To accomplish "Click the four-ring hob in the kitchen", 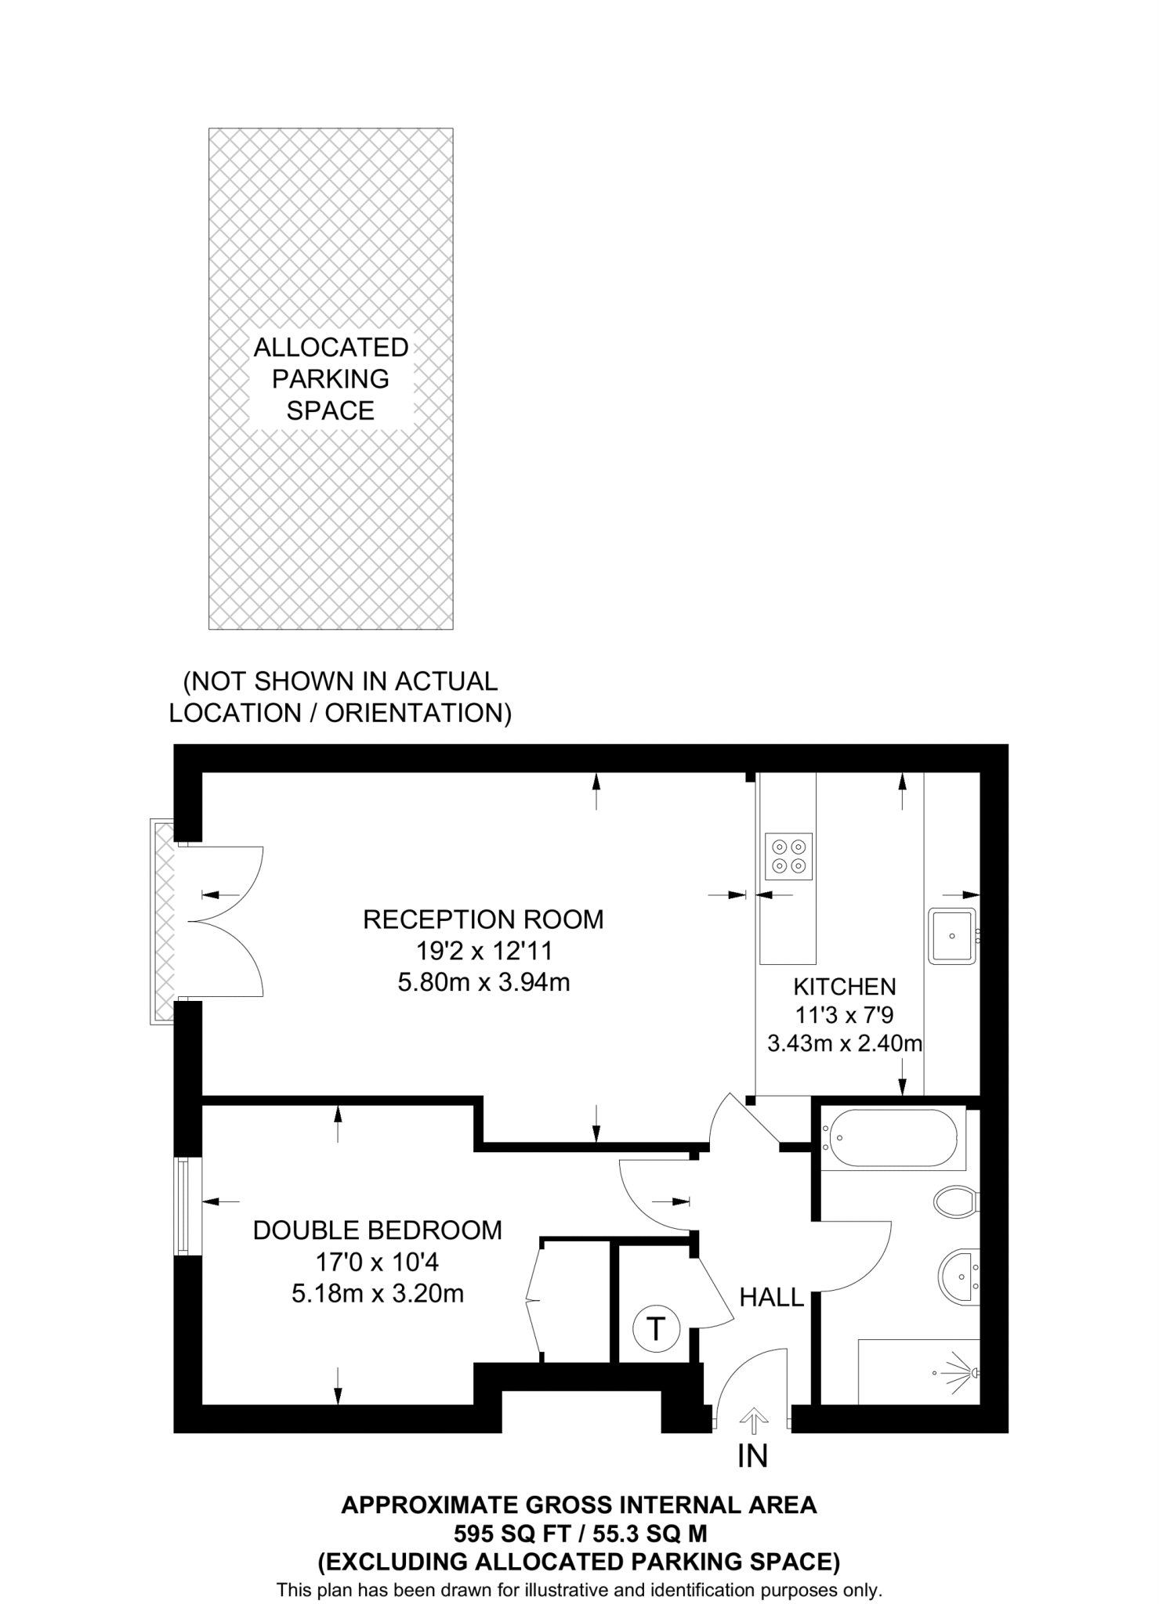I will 788,856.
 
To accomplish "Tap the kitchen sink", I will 952,935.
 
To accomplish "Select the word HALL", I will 772,1298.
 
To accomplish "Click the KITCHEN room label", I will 844,986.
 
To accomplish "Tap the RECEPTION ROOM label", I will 484,919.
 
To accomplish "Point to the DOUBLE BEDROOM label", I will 377,1230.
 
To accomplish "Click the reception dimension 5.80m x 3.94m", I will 484,982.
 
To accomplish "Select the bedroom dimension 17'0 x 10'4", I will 377,1262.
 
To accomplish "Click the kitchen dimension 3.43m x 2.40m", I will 844,1043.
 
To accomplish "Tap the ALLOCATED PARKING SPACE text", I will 331,378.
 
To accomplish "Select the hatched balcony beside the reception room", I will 163,921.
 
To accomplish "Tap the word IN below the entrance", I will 752,1456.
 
